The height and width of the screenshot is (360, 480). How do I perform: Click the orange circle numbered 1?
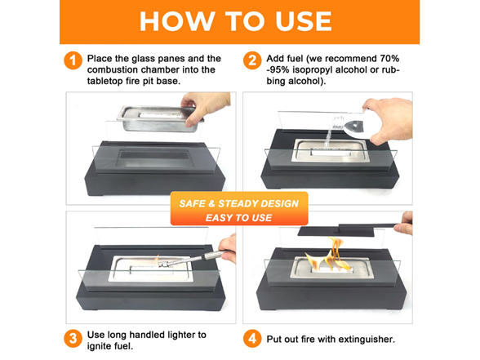tap(73, 60)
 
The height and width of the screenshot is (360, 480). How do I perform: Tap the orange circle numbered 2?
tap(252, 60)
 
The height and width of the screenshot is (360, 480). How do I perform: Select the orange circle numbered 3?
tap(73, 339)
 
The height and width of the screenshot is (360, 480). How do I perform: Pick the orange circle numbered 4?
tap(252, 339)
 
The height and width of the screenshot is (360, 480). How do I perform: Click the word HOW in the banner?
tap(177, 21)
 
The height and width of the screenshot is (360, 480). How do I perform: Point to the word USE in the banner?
tap(304, 21)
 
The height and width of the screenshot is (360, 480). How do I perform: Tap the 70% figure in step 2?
tap(389, 58)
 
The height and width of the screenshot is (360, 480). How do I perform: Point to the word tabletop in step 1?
tap(104, 81)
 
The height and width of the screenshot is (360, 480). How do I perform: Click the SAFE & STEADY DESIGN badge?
tap(239, 208)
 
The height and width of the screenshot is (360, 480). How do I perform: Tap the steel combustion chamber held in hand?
tap(159, 118)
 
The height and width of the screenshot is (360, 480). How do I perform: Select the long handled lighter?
tap(189, 259)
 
